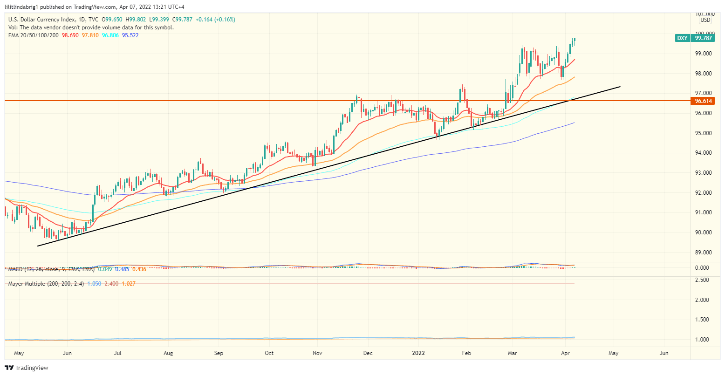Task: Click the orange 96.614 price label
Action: tap(703, 101)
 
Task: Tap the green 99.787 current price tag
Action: tap(703, 38)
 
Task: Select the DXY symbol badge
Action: tap(682, 38)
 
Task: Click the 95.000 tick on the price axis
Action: tap(703, 133)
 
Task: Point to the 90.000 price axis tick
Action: tap(703, 232)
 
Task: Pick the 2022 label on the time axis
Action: tap(417, 353)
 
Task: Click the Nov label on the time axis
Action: tap(317, 353)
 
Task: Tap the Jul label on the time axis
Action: tap(117, 353)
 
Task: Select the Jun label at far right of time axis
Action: tap(664, 353)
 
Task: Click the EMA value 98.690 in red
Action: tap(70, 35)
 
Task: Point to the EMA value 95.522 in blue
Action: tap(130, 35)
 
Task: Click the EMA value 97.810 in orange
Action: tap(90, 35)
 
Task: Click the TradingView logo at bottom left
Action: tap(27, 368)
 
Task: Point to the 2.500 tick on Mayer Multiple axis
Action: tap(703, 280)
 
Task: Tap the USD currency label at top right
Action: tap(705, 20)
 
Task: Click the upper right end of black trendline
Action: tap(620, 87)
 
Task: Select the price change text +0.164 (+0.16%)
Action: tap(215, 20)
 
